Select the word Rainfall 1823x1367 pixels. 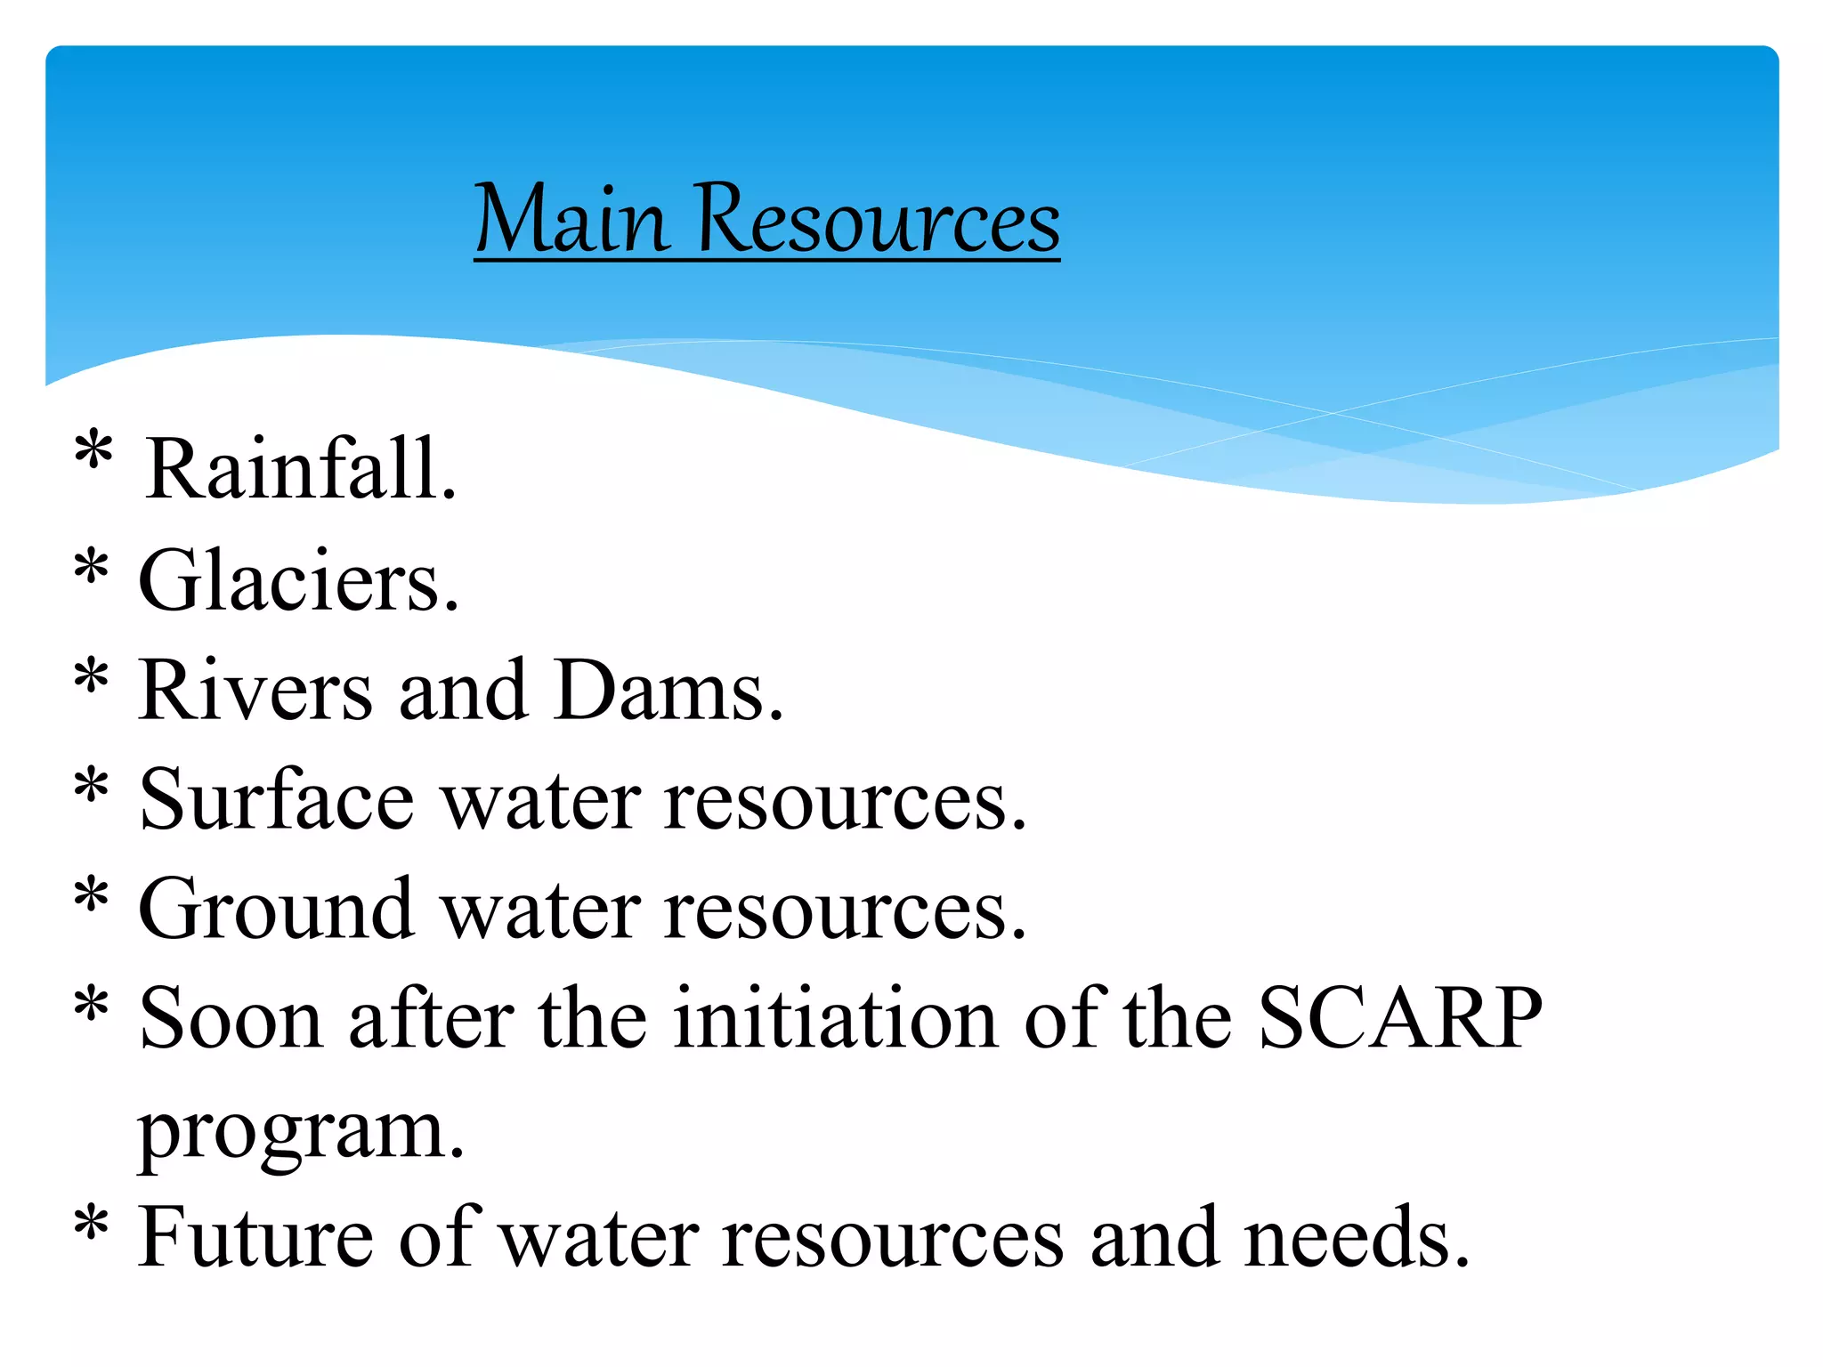(301, 470)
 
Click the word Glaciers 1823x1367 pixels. (299, 581)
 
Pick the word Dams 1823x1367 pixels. (668, 691)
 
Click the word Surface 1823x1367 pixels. (277, 800)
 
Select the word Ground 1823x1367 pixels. (277, 909)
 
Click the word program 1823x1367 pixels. (301, 1132)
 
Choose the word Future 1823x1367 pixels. (255, 1238)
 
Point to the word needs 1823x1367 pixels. (1357, 1238)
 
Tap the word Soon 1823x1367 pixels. (231, 1018)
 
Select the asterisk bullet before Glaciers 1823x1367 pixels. (92, 567)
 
